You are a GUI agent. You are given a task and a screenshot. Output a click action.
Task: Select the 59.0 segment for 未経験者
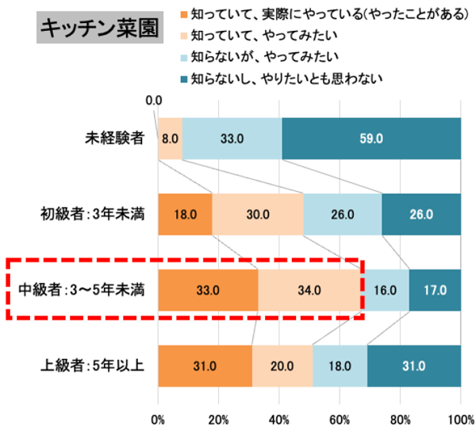click(x=371, y=138)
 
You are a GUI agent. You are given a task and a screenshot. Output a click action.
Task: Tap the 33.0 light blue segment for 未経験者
click(x=232, y=138)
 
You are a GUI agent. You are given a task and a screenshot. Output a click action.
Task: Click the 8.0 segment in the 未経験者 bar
click(x=170, y=138)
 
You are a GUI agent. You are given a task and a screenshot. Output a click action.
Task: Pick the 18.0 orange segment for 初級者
click(x=185, y=214)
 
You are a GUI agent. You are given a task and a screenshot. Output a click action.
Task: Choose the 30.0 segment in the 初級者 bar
click(x=258, y=214)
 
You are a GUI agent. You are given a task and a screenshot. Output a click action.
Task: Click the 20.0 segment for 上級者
click(x=282, y=366)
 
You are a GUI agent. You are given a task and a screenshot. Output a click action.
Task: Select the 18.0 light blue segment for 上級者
click(x=340, y=366)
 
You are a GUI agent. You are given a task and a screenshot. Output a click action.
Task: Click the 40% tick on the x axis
click(x=279, y=418)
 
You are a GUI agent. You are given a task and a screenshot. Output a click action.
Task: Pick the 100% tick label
click(x=461, y=418)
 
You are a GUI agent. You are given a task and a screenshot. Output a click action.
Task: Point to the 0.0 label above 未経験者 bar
click(x=154, y=100)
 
